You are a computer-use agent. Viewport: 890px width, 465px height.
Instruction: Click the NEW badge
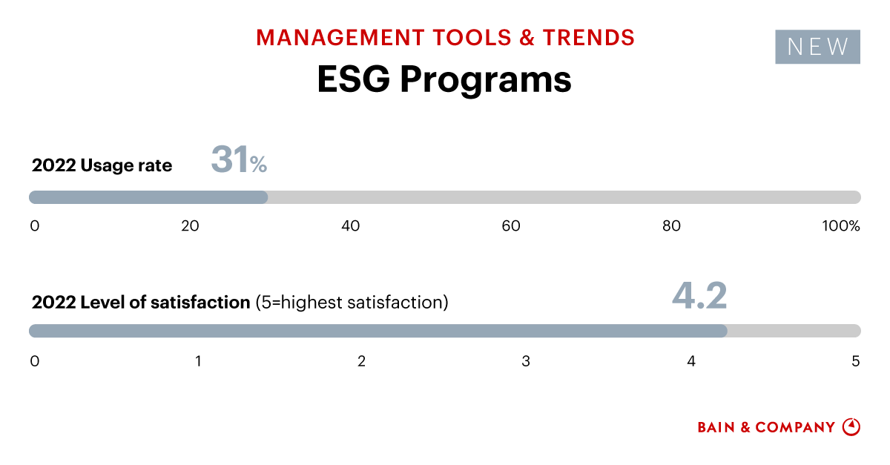pyautogui.click(x=817, y=47)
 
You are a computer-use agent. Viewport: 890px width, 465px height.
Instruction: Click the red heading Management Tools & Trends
pyautogui.click(x=445, y=37)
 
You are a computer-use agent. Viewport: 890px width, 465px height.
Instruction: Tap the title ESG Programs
pyautogui.click(x=444, y=80)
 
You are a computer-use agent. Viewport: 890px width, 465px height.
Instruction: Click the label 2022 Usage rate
pyautogui.click(x=102, y=165)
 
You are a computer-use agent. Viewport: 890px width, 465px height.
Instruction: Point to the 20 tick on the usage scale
pyautogui.click(x=190, y=226)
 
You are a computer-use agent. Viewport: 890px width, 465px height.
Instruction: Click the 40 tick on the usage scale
pyautogui.click(x=350, y=226)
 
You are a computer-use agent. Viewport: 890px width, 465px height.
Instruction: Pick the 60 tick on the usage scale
pyautogui.click(x=511, y=226)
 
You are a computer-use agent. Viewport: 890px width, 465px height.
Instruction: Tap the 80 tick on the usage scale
pyautogui.click(x=671, y=226)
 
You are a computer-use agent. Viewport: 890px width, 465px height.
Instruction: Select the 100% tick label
pyautogui.click(x=840, y=226)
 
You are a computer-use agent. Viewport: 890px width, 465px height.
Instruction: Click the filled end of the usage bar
pyautogui.click(x=263, y=197)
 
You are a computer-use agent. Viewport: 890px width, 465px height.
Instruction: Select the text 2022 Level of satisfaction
pyautogui.click(x=141, y=303)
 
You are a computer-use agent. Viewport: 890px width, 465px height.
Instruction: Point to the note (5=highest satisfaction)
pyautogui.click(x=352, y=303)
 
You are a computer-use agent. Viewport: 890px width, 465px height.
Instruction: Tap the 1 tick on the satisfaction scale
pyautogui.click(x=198, y=361)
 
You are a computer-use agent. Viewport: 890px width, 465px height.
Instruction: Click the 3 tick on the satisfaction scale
pyautogui.click(x=526, y=361)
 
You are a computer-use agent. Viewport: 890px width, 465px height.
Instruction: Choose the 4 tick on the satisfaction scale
pyautogui.click(x=690, y=361)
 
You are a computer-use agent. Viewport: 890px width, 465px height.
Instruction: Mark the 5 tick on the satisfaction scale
pyautogui.click(x=855, y=361)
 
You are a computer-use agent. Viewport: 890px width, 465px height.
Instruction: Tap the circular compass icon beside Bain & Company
pyautogui.click(x=851, y=426)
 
